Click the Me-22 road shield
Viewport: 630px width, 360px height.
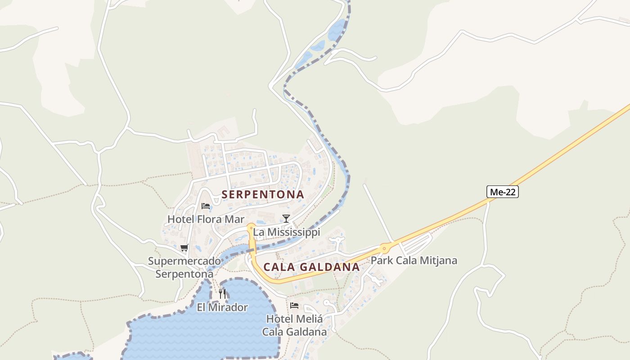[x=503, y=192]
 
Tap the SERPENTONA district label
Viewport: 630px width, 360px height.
[x=263, y=194]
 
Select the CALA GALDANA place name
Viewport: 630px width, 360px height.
[x=311, y=267]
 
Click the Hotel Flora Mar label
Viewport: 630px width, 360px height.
[x=206, y=219]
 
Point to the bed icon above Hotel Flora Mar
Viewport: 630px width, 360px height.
[x=206, y=206]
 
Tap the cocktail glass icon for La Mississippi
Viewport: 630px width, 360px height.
[x=286, y=219]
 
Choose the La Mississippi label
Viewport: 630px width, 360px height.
[x=287, y=232]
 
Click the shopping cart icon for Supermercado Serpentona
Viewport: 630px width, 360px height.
[x=184, y=247]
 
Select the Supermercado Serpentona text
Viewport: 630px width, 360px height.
[x=184, y=267]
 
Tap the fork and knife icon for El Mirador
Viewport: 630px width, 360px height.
[x=222, y=294]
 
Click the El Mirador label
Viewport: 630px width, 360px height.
[x=222, y=307]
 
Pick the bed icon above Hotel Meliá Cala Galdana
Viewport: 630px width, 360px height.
[x=294, y=305]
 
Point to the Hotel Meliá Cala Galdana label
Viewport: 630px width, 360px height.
[x=294, y=325]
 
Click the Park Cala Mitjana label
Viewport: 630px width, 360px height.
[x=414, y=260]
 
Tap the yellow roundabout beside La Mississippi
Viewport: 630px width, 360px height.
[x=251, y=228]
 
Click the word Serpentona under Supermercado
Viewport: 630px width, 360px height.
[x=184, y=274]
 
